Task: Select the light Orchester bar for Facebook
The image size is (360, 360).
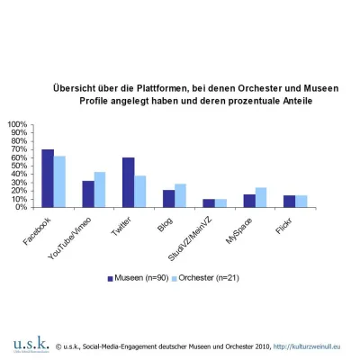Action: [x=59, y=182]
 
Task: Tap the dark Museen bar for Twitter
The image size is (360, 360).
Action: [x=129, y=183]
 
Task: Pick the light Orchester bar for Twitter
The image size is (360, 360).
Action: [x=140, y=191]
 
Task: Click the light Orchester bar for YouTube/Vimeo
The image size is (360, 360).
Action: [x=100, y=190]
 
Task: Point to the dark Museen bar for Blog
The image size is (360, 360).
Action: [x=168, y=199]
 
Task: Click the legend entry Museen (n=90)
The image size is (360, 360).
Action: [x=140, y=278]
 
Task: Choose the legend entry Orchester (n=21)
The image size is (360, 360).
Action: [x=215, y=278]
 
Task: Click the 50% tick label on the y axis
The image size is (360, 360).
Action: [x=18, y=166]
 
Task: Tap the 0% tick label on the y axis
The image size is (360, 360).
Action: [x=21, y=207]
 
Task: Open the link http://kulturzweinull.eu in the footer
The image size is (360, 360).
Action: [x=314, y=346]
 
